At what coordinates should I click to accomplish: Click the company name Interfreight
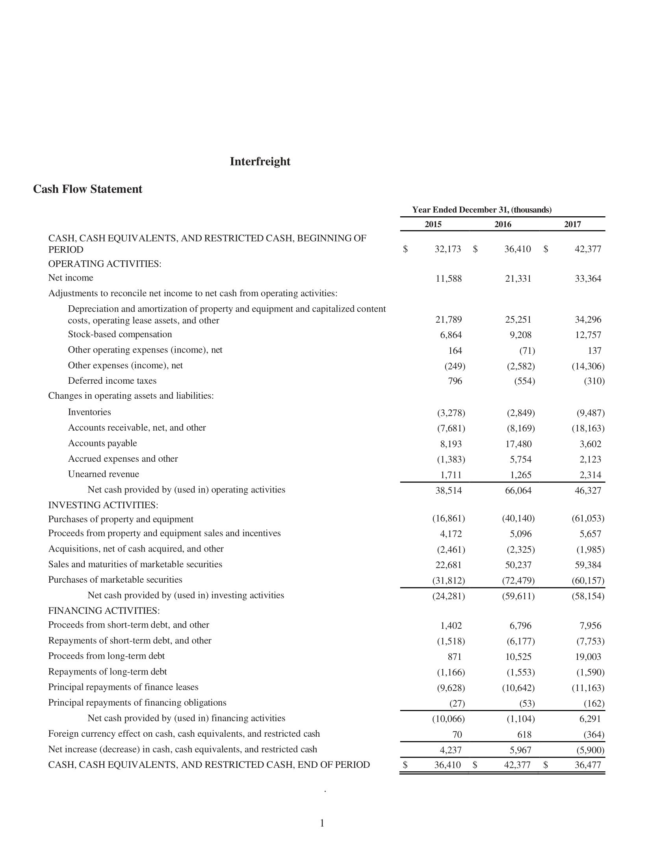click(x=260, y=162)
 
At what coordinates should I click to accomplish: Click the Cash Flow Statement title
click(x=87, y=189)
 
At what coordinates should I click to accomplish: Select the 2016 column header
click(x=503, y=224)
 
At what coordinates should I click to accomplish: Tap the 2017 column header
click(x=572, y=224)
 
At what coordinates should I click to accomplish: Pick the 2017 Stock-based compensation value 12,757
click(x=588, y=335)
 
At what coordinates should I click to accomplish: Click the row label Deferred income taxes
click(x=112, y=381)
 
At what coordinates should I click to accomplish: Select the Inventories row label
click(x=89, y=412)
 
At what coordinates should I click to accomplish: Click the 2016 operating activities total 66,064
click(x=518, y=491)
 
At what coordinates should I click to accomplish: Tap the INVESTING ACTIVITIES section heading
click(x=103, y=505)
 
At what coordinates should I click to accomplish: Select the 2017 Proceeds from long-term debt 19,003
click(x=588, y=657)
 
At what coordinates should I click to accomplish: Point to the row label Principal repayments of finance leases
click(x=123, y=687)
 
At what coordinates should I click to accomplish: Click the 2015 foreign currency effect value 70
click(x=457, y=735)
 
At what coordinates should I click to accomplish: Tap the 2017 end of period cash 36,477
click(x=588, y=765)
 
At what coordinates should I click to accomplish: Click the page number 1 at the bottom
click(x=322, y=823)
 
